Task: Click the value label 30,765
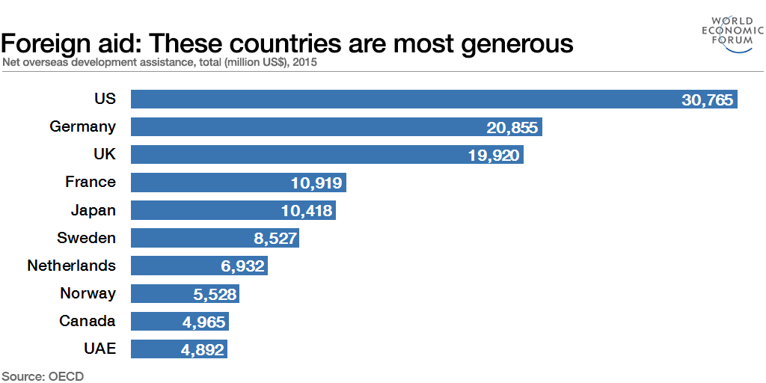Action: pos(707,99)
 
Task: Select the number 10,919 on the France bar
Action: pos(316,183)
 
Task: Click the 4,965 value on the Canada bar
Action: pos(203,322)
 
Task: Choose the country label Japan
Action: pos(94,210)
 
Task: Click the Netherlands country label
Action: pos(72,266)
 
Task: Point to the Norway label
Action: pos(88,293)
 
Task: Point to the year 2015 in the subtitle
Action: pos(305,63)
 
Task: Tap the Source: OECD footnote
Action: pos(43,376)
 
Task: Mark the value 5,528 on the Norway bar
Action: pos(215,294)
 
